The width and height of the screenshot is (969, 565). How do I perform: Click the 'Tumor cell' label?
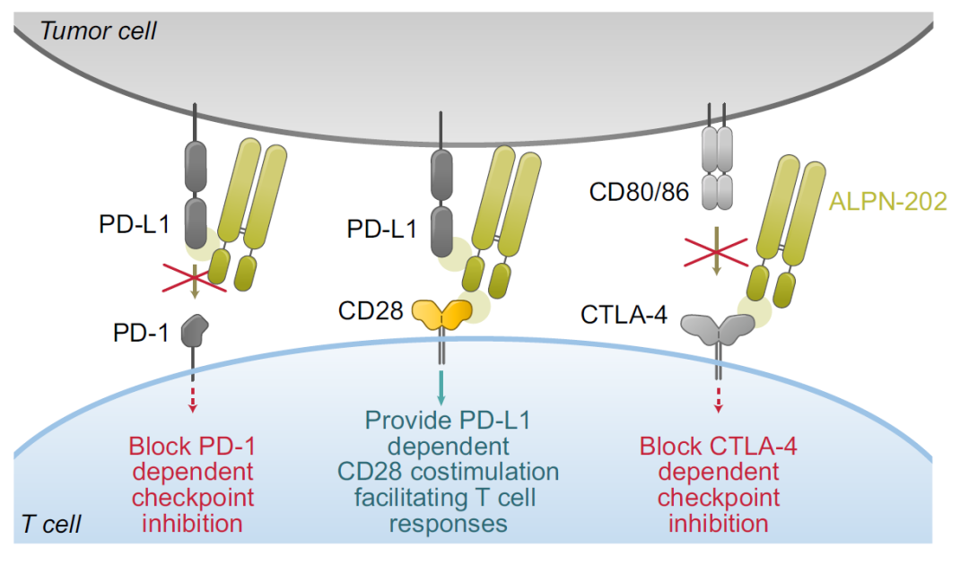point(99,31)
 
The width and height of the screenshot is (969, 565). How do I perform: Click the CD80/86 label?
point(639,191)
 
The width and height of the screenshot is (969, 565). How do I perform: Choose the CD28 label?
point(369,310)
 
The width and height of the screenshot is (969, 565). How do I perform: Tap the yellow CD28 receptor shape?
point(441,313)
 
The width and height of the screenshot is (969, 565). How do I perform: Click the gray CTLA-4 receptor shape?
point(718,329)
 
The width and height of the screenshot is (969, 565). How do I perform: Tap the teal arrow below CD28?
point(441,386)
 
